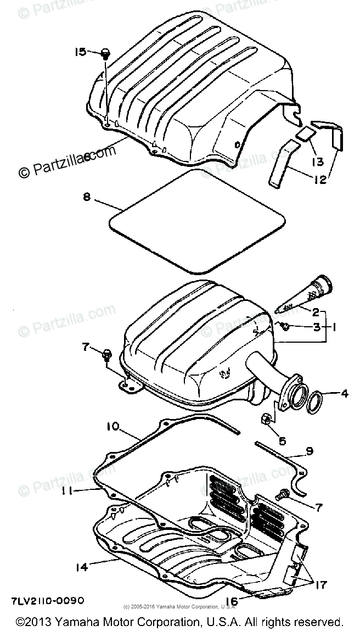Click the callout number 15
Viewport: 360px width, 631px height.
click(80, 52)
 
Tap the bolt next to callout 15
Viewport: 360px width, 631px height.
click(105, 54)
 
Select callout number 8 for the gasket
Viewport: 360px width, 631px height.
click(87, 197)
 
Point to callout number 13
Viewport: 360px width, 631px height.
click(318, 163)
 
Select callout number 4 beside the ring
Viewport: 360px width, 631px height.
click(344, 393)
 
